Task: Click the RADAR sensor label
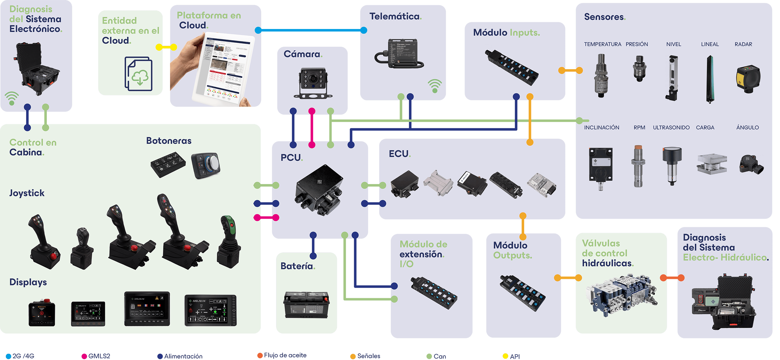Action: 743,44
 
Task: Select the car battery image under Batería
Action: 306,305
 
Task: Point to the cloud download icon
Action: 139,74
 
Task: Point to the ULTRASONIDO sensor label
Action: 671,128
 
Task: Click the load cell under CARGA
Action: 712,164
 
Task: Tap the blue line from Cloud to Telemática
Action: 311,30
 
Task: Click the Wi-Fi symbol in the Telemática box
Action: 435,86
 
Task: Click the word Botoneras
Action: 169,141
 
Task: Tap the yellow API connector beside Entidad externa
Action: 166,47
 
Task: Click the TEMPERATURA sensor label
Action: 602,44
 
